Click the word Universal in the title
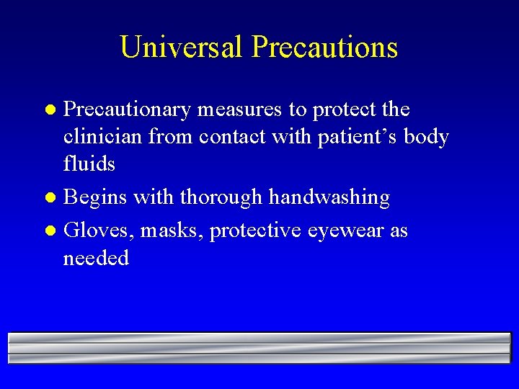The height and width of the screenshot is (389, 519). coord(182,48)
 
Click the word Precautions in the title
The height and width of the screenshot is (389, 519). coord(324,48)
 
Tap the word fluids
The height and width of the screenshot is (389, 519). coord(89,164)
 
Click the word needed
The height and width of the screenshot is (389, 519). coord(96,258)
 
